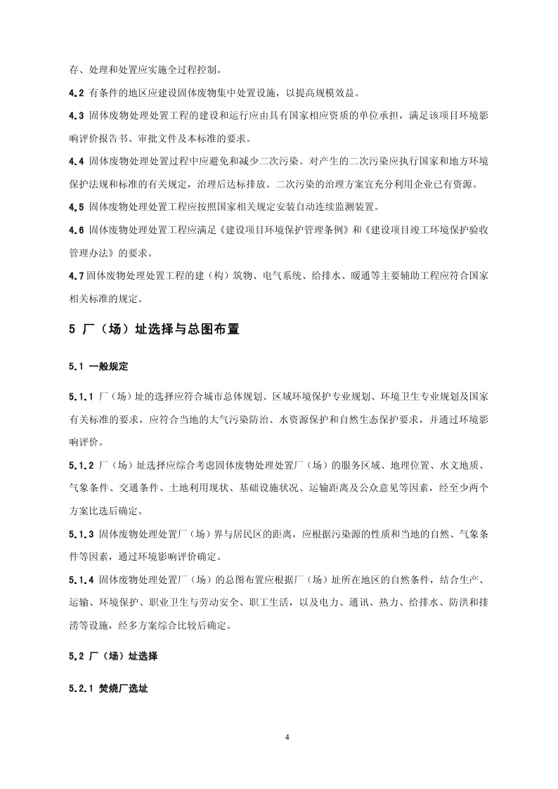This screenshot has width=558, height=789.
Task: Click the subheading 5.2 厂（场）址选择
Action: pos(113,657)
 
